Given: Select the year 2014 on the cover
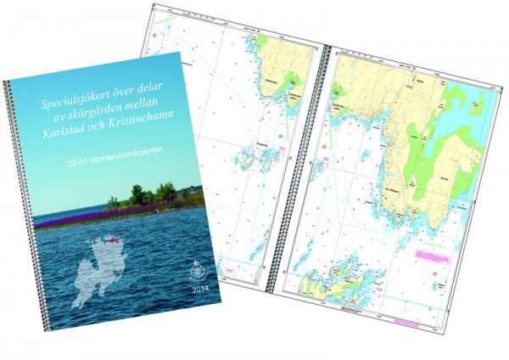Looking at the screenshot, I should click(204, 290).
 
